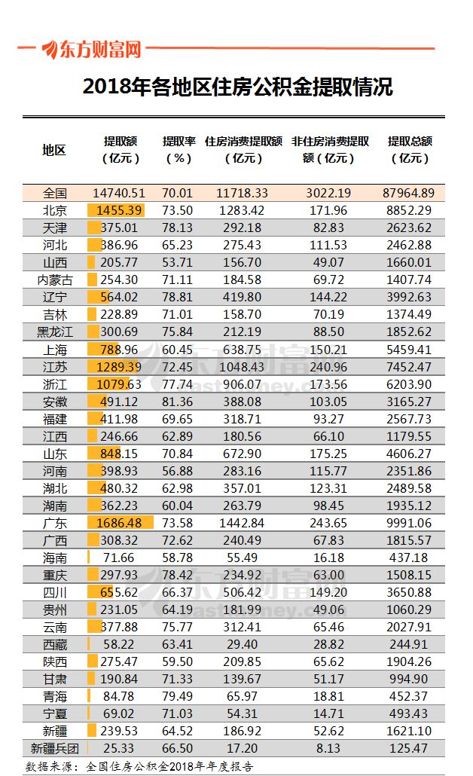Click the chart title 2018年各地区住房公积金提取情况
tap(237, 87)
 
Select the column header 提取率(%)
tap(179, 149)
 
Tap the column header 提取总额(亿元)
tap(410, 149)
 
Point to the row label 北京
tap(54, 210)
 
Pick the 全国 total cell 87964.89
tap(410, 193)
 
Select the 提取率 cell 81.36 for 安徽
tap(178, 402)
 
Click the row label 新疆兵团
tap(54, 748)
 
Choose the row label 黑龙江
tap(54, 332)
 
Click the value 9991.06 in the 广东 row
tap(410, 523)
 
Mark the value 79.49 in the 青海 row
tap(178, 696)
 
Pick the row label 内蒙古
tap(54, 280)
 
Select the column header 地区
tap(54, 149)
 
